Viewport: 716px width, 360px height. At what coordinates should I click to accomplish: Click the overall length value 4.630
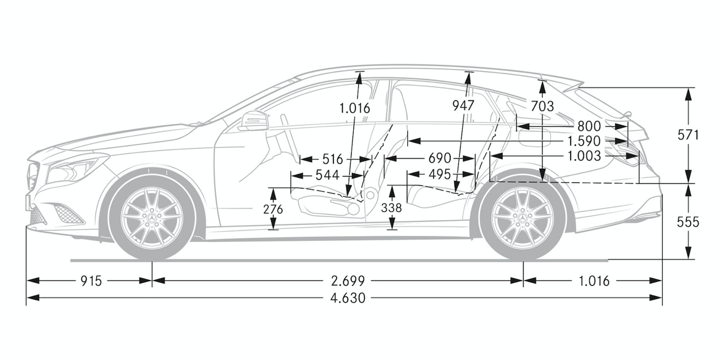click(x=348, y=299)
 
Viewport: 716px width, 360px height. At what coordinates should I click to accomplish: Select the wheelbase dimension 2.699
click(x=348, y=281)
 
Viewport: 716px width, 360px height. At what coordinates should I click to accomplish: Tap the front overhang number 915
click(x=91, y=281)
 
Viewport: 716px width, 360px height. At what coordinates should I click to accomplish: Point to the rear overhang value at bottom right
click(x=594, y=281)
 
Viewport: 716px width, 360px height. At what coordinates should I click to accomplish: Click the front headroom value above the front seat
click(x=355, y=108)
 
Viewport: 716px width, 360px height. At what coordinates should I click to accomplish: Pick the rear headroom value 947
click(x=463, y=106)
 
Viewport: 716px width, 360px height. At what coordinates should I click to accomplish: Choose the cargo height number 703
click(x=542, y=106)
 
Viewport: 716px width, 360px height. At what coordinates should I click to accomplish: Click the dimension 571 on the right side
click(x=688, y=135)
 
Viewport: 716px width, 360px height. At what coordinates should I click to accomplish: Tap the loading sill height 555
click(x=688, y=222)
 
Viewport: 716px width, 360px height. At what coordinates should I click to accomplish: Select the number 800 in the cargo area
click(x=589, y=126)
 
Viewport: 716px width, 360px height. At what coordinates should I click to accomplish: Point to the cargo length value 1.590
click(x=584, y=141)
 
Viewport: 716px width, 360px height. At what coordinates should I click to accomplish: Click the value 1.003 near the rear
click(x=584, y=156)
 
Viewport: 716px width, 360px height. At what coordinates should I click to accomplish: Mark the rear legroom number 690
click(x=440, y=158)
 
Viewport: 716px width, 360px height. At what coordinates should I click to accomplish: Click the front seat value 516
click(x=332, y=159)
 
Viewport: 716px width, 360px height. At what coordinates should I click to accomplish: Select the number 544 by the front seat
click(x=327, y=175)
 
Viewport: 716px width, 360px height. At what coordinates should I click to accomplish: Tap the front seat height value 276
click(x=273, y=210)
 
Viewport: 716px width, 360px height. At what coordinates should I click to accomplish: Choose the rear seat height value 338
click(x=391, y=208)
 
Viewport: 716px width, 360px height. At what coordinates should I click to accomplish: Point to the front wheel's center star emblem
click(x=151, y=218)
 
